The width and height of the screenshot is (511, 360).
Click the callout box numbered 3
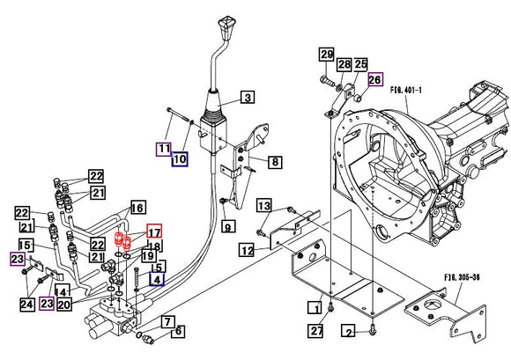click(x=248, y=97)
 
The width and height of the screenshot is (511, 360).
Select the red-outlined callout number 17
click(x=154, y=231)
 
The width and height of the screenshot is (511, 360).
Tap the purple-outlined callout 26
click(x=375, y=79)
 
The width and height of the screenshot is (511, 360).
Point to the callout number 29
click(x=327, y=54)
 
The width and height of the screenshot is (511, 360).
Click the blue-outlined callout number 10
click(x=180, y=158)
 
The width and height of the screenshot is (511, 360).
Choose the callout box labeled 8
click(x=275, y=162)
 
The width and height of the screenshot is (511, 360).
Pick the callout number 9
click(x=228, y=226)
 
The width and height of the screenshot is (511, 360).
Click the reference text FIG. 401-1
click(x=406, y=90)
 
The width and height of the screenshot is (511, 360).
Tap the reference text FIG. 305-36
click(x=463, y=277)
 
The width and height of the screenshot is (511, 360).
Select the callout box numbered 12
click(x=247, y=250)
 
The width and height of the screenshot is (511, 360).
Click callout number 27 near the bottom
click(x=315, y=330)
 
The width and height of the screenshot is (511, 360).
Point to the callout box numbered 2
click(x=349, y=332)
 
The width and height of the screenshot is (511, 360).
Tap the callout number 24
click(x=27, y=304)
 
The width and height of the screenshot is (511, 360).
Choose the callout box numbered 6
click(x=178, y=331)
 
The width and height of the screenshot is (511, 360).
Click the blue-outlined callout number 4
click(x=157, y=279)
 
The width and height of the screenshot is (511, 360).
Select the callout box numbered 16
click(x=137, y=208)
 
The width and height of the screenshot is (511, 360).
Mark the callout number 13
click(x=264, y=205)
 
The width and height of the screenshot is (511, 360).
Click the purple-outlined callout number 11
click(x=164, y=149)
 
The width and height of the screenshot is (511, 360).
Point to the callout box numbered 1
click(x=315, y=307)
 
